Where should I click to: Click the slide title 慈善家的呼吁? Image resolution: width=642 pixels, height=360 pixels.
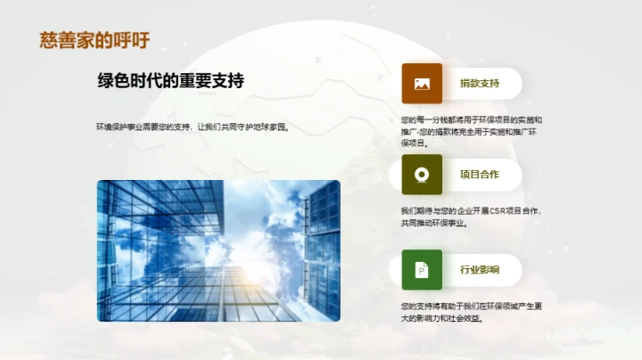(95, 40)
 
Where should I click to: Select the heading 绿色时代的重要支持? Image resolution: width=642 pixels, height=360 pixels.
(170, 81)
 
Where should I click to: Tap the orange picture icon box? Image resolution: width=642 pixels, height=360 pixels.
(422, 84)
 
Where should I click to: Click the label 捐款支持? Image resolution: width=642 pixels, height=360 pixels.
(479, 84)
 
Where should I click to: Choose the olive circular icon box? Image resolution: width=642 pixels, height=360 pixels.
(422, 175)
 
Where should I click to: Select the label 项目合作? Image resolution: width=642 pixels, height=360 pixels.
(479, 175)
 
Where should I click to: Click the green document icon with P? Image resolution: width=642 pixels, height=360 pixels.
(422, 269)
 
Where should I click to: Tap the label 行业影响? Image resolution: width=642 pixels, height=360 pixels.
(479, 269)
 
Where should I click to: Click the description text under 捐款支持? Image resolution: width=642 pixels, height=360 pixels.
(472, 130)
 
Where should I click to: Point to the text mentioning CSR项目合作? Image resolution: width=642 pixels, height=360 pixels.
(472, 217)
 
